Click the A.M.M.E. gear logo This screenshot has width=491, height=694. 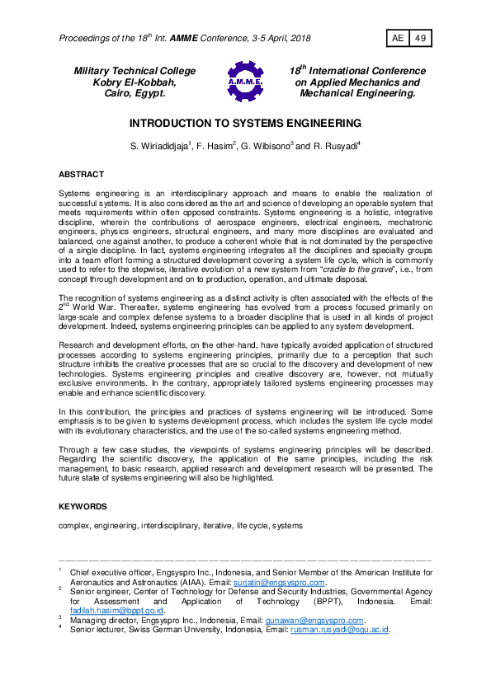click(x=244, y=82)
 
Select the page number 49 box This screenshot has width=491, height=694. click(x=419, y=39)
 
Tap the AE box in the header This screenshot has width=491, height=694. click(x=397, y=39)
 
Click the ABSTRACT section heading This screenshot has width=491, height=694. click(x=81, y=175)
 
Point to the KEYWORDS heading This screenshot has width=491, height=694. click(x=83, y=505)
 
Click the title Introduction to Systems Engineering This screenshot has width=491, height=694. click(x=245, y=124)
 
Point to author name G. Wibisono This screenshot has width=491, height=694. click(x=260, y=147)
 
